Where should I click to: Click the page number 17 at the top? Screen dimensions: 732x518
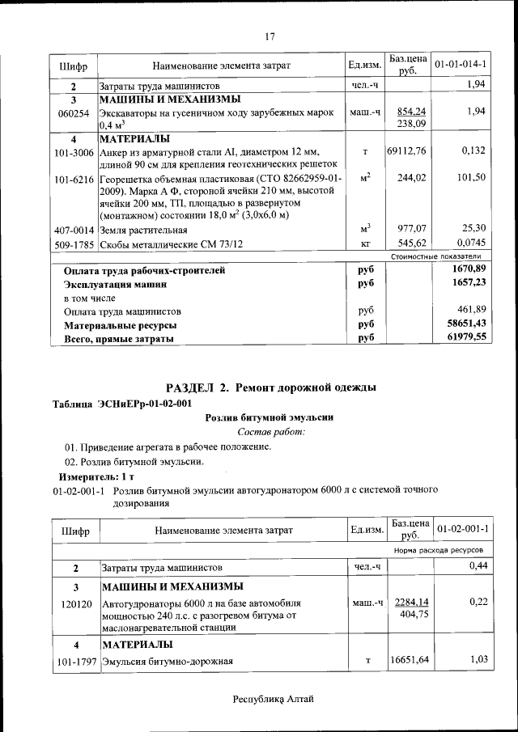click(270, 36)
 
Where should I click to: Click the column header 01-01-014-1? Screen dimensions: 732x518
click(460, 64)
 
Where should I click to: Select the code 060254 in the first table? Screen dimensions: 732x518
click(74, 112)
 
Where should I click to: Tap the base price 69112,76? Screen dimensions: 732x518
click(406, 150)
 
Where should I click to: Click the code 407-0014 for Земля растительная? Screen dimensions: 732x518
click(74, 229)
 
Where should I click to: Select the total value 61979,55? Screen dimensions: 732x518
click(465, 338)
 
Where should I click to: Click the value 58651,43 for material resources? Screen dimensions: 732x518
click(465, 324)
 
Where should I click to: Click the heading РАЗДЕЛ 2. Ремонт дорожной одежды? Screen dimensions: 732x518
click(270, 387)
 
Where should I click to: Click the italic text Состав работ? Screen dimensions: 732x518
click(270, 432)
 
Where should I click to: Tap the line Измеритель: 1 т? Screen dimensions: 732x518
click(87, 476)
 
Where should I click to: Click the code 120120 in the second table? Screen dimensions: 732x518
click(74, 603)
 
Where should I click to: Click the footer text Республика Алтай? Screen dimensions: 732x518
click(273, 698)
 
